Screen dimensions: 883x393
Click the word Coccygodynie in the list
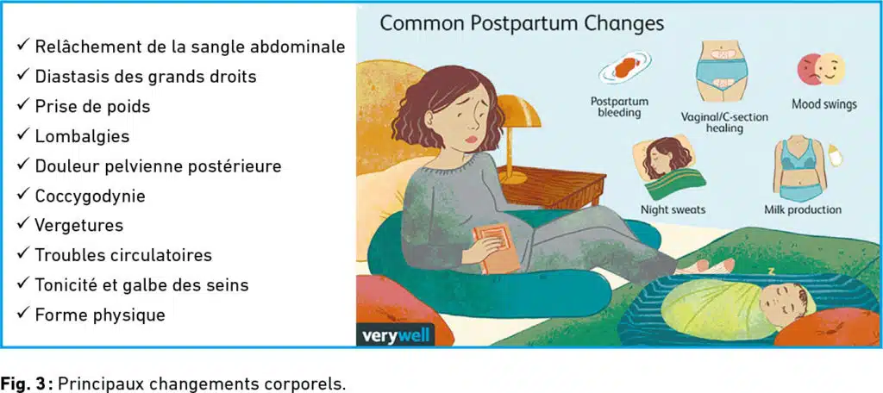click(90, 196)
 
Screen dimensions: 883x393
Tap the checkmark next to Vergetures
click(23, 225)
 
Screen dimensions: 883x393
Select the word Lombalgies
click(82, 136)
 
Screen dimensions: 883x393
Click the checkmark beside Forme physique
click(23, 315)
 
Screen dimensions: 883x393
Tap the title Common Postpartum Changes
click(522, 24)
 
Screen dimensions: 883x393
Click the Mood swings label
click(824, 104)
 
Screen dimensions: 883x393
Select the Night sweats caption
click(673, 210)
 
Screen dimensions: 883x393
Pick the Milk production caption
click(803, 210)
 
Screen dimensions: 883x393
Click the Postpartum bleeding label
click(619, 107)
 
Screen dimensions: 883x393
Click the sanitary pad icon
click(625, 68)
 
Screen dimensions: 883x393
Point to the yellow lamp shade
click(517, 111)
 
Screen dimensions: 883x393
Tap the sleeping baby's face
click(782, 304)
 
